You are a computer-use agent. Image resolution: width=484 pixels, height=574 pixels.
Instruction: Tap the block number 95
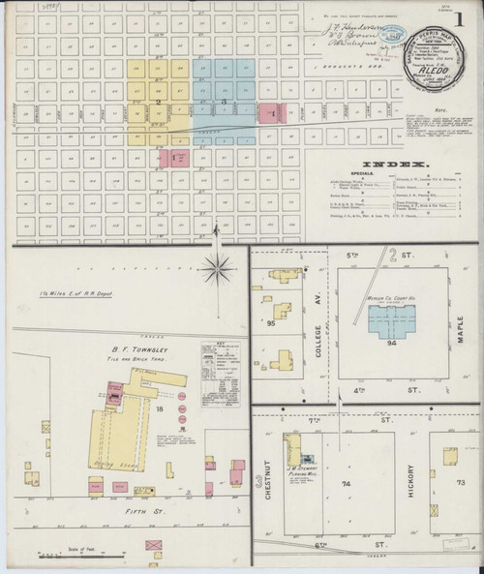click(272, 323)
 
